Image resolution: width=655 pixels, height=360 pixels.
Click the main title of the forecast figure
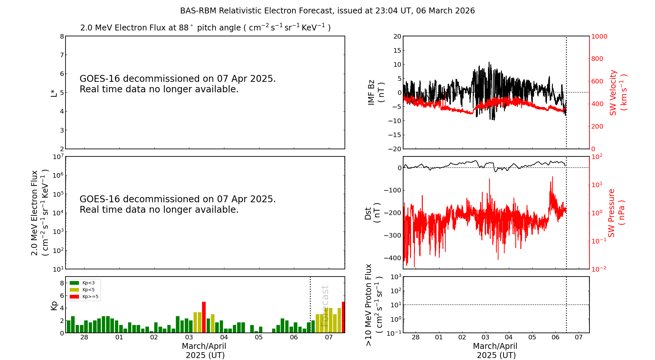click(327, 11)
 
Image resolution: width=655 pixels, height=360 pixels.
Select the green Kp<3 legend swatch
click(74, 283)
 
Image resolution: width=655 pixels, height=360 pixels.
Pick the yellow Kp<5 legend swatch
click(74, 290)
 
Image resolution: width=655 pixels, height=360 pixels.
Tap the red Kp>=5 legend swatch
click(74, 297)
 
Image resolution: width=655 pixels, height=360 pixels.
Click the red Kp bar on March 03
click(204, 317)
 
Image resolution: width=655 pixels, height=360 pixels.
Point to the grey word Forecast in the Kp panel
click(325, 306)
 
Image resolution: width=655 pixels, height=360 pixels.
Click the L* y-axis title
click(54, 93)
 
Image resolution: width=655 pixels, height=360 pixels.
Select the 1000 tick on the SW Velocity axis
click(599, 36)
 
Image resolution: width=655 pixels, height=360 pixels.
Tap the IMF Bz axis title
click(376, 93)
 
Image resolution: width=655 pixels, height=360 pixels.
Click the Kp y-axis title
click(54, 305)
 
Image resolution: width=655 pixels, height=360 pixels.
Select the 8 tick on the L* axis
click(62, 36)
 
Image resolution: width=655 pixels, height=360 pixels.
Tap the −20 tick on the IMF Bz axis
click(394, 149)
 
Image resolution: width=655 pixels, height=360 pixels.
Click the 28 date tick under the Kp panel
click(84, 337)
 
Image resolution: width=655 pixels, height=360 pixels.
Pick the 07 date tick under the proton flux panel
click(579, 337)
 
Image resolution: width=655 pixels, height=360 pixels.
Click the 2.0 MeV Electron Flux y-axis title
click(39, 213)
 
